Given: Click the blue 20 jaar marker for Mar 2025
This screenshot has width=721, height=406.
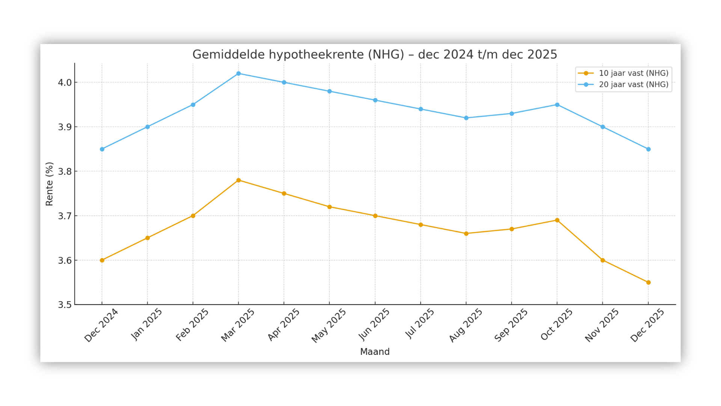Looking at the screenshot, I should click(238, 74).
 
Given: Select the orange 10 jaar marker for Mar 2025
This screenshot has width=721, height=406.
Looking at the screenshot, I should click(238, 180).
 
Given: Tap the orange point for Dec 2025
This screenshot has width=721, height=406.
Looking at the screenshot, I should click(648, 282).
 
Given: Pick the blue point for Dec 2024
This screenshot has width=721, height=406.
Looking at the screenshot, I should click(102, 149).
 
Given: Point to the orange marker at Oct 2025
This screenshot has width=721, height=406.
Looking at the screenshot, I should click(557, 220).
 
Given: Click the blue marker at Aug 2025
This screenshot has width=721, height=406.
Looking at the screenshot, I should click(466, 118).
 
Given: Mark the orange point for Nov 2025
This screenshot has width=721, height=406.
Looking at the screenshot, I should click(603, 260).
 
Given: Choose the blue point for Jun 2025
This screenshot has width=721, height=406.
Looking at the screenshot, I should click(375, 100).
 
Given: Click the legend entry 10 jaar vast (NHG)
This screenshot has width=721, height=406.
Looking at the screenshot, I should click(633, 73).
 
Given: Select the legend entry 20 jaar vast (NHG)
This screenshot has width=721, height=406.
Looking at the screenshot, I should click(633, 85).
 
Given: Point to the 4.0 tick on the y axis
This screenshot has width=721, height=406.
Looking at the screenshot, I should click(65, 83).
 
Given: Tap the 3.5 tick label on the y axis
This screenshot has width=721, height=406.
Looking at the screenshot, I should click(65, 305).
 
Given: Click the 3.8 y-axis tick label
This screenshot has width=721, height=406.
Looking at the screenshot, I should click(65, 172).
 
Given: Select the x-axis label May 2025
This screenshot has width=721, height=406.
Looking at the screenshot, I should click(329, 326).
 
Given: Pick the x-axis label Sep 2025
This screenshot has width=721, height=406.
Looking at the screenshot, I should click(511, 326).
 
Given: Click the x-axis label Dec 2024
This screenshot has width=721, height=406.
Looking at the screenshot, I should click(101, 326).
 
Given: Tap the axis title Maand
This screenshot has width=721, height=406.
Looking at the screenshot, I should click(375, 352).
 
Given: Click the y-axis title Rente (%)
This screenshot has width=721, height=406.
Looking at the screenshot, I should click(50, 184).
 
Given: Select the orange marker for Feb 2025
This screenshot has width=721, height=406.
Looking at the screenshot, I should click(193, 216).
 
